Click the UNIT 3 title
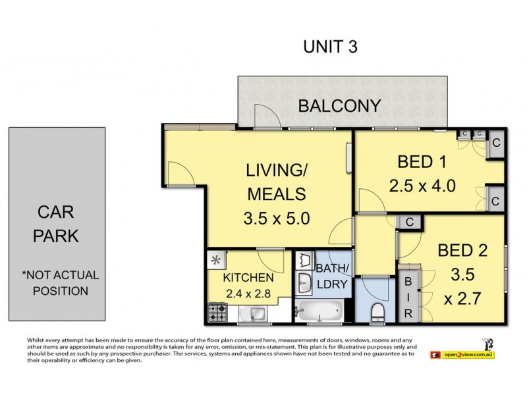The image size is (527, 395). point(331,47)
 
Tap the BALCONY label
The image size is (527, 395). point(339,106)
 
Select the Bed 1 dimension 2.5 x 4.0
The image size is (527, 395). point(422,186)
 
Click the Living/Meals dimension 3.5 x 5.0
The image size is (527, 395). point(277,219)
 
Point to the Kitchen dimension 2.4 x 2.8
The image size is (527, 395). point(248,294)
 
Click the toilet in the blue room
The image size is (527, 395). point(378,312)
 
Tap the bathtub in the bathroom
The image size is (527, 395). point(319,311)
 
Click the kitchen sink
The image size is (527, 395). point(253,314)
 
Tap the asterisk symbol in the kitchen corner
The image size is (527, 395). point(216,259)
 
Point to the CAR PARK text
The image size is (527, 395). point(56,224)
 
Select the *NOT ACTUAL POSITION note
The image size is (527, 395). point(61,283)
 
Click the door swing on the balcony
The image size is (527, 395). point(267,117)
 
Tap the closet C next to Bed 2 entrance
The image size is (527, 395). point(409,222)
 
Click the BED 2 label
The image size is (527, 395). point(462,251)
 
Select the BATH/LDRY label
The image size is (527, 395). point(332,276)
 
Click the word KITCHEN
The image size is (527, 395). point(248,278)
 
